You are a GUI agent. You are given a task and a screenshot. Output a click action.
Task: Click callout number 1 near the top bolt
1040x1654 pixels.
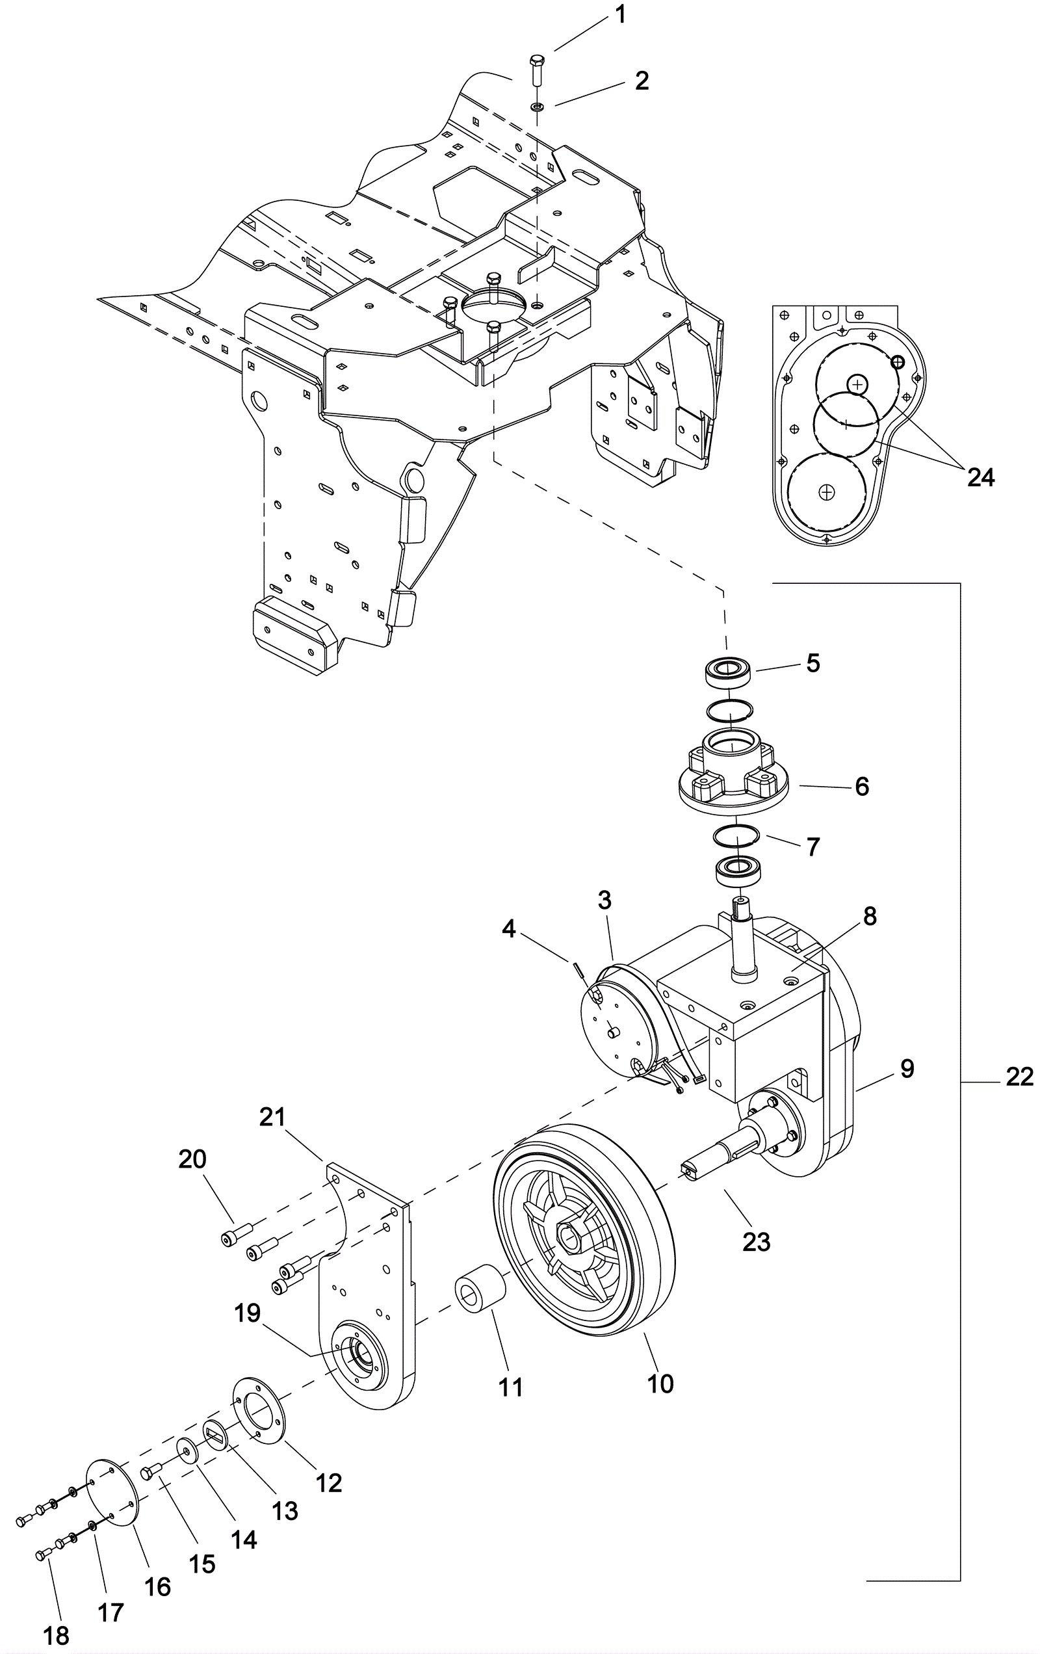(620, 14)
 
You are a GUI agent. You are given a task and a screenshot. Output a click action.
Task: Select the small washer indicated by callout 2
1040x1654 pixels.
(537, 107)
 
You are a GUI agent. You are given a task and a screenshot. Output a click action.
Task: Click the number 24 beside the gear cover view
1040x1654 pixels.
(980, 477)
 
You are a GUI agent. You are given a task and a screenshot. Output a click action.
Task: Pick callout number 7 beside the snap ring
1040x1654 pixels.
(812, 847)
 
